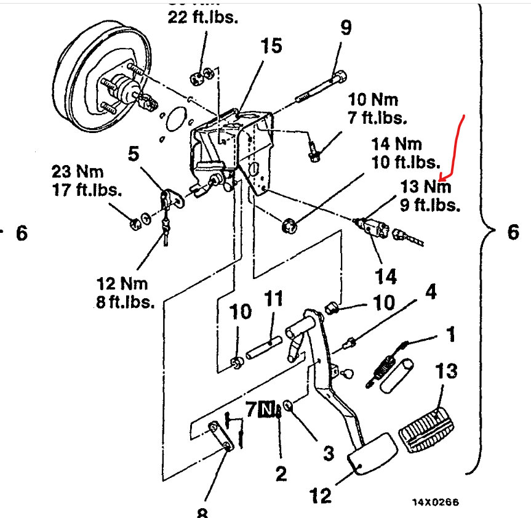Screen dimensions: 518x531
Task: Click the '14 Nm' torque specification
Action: (x=396, y=145)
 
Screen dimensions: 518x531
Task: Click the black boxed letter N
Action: (x=266, y=408)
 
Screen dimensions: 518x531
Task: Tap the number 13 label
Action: (x=448, y=372)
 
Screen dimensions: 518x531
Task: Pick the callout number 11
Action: (x=273, y=300)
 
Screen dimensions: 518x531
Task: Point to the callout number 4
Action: (x=431, y=292)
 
